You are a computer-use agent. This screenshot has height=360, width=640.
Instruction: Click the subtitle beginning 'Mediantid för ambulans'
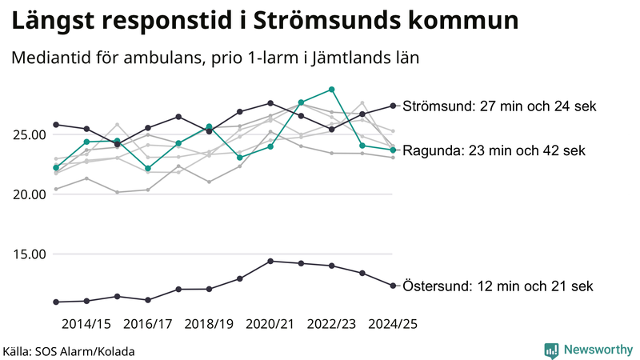216,58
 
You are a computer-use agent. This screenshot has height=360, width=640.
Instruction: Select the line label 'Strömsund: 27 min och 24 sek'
499,106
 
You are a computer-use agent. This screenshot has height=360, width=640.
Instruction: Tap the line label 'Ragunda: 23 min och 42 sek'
494,150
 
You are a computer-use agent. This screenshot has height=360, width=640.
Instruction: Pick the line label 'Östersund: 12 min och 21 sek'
498,286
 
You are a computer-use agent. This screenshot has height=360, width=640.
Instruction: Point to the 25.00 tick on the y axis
27,134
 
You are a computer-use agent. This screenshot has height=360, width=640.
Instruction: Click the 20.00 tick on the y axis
27,194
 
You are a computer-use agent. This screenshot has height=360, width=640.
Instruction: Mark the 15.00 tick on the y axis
27,254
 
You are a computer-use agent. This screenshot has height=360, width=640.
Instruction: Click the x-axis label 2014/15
86,324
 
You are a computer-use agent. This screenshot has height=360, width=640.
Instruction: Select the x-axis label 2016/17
148,324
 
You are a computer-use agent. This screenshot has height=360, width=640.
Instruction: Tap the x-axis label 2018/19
209,324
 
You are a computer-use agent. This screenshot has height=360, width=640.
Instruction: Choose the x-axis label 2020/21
270,324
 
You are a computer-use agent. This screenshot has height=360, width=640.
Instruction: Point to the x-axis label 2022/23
332,324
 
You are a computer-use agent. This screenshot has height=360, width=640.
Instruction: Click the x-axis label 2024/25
393,324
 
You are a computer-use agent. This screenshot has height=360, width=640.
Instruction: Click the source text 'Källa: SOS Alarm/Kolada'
69,351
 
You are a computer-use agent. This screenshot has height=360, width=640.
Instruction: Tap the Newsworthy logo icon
551,350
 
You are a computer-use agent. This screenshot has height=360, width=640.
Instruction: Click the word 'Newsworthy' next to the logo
597,350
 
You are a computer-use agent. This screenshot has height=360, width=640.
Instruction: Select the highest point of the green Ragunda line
332,90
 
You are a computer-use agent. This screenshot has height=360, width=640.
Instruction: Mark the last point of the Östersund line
393,286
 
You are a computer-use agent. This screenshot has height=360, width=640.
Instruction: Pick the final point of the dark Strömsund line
393,106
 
